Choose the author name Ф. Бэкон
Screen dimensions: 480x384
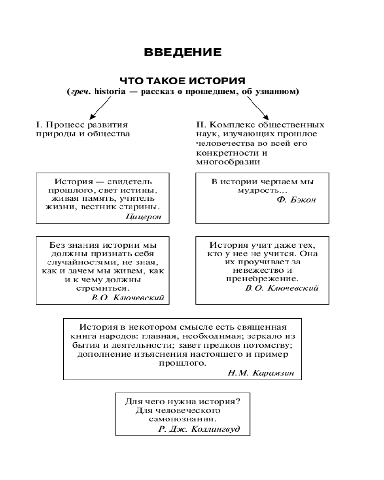point(296,199)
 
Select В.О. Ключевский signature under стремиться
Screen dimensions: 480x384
point(127,297)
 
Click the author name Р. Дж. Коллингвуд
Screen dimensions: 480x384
point(198,429)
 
